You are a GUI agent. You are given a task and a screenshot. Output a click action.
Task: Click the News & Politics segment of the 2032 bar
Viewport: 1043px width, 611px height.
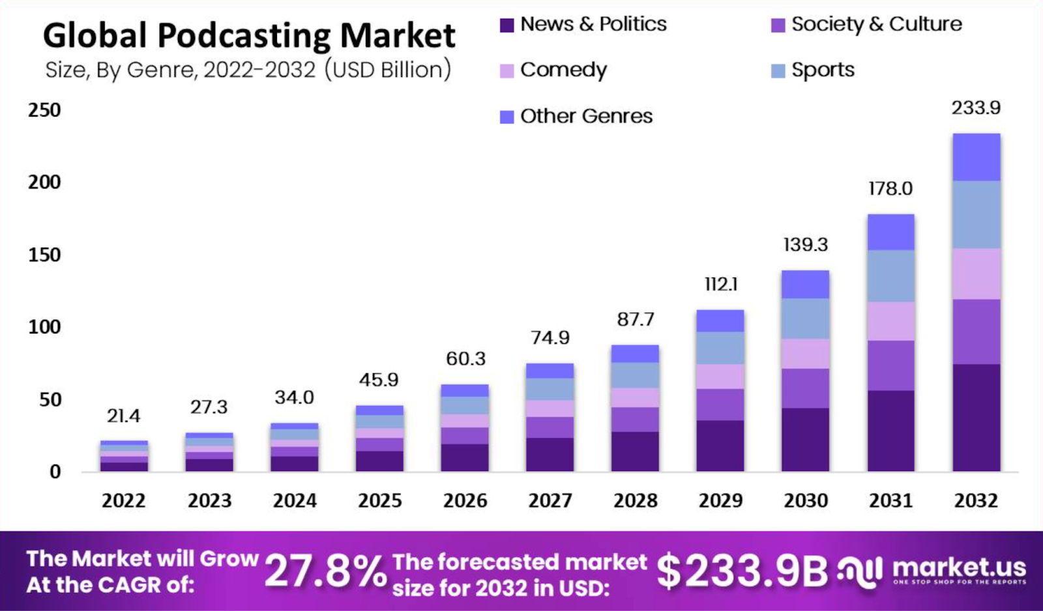[x=976, y=418]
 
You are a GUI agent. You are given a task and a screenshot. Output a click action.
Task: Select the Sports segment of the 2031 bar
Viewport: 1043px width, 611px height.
[x=890, y=276]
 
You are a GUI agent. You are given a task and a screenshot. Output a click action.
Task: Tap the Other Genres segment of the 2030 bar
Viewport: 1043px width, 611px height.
[x=805, y=284]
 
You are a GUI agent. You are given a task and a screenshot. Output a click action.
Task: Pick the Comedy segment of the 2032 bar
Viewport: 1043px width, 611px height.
[x=976, y=274]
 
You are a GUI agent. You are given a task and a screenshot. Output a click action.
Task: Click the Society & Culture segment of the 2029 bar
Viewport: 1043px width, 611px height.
[x=720, y=405]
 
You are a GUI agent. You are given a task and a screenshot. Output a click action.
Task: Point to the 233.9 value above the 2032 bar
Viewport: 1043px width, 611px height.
[x=976, y=107]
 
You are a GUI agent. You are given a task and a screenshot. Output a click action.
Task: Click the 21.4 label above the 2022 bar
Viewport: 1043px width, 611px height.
[x=123, y=416]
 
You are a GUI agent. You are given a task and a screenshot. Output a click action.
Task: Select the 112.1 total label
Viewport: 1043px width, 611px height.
[x=720, y=284]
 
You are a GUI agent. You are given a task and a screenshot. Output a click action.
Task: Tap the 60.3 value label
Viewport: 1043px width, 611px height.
[x=465, y=358]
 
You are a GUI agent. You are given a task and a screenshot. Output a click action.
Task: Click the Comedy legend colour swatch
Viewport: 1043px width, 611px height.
[x=507, y=70]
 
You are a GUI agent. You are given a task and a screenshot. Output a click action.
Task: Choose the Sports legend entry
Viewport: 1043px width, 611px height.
[x=822, y=70]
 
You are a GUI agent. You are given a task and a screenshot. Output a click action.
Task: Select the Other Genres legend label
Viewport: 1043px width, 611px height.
[x=586, y=116]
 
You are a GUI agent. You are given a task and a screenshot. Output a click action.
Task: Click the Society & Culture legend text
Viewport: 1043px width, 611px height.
[x=876, y=24]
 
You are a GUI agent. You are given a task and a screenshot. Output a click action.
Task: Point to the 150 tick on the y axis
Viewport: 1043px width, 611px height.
[x=44, y=255]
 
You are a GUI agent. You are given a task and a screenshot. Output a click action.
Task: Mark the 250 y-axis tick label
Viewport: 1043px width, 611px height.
[x=44, y=110]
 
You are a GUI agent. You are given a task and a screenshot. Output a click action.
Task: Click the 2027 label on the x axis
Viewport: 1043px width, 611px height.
[x=550, y=500]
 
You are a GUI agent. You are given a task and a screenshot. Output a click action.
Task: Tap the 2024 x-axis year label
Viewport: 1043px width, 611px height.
[x=295, y=500]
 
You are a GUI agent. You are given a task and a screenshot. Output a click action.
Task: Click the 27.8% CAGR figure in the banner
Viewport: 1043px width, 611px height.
[x=325, y=571]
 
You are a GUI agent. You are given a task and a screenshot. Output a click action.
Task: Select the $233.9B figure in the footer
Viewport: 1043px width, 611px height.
[x=741, y=571]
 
